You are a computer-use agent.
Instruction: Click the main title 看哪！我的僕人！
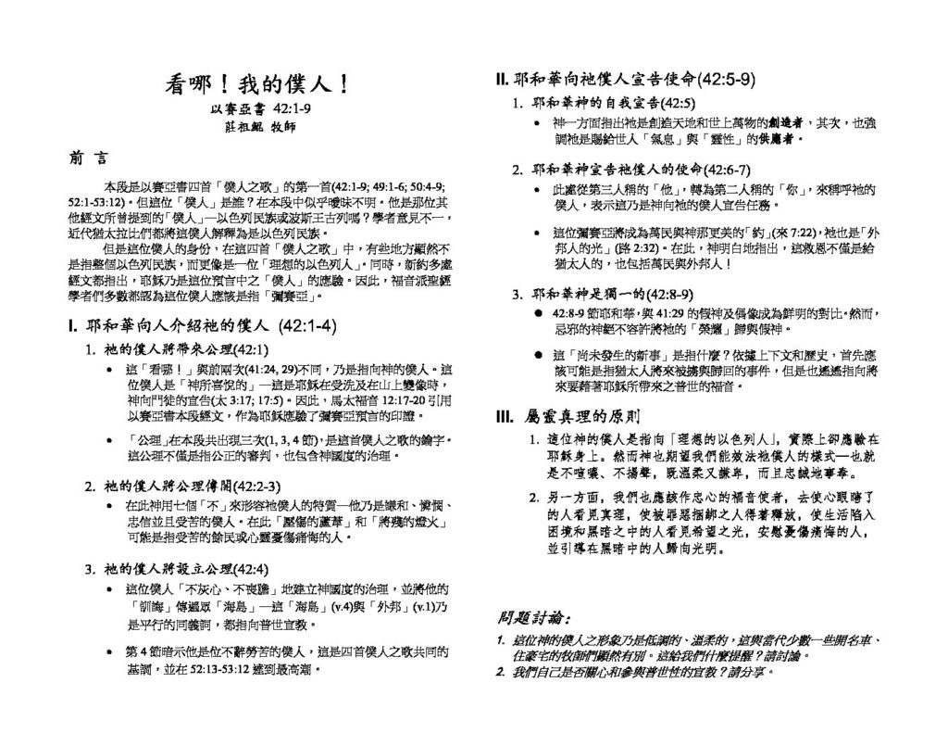click(256, 84)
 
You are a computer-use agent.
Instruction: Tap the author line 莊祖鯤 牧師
click(256, 127)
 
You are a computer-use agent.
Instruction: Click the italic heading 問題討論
click(534, 617)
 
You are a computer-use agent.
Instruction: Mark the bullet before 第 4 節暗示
click(111, 651)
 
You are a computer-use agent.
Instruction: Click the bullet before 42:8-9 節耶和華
click(540, 314)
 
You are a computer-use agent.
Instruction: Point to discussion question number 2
click(500, 668)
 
